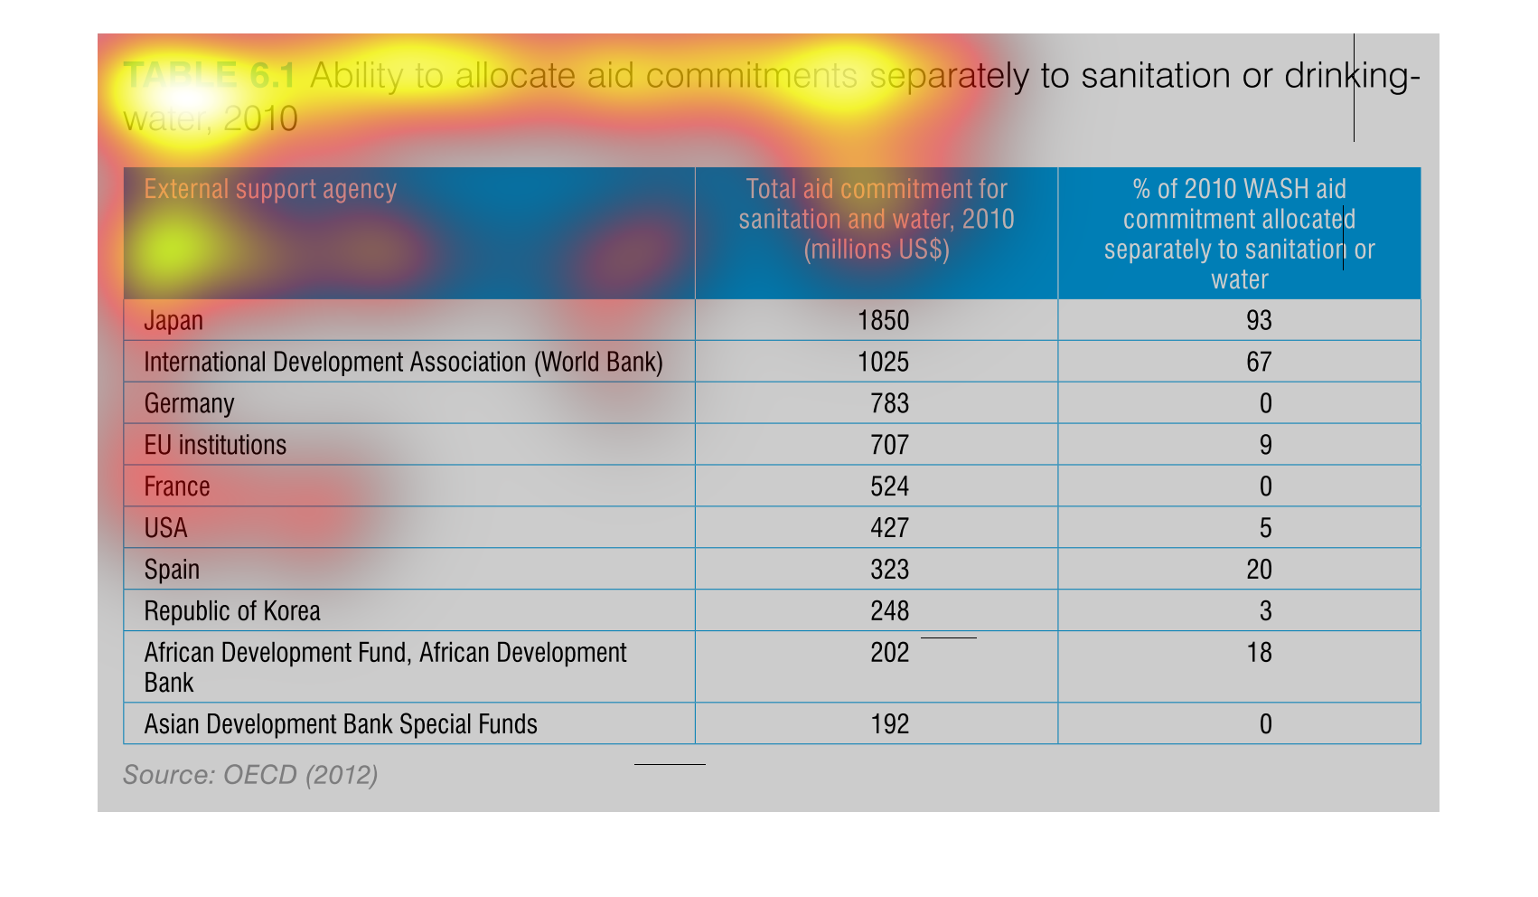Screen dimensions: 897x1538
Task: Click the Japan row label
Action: click(x=173, y=321)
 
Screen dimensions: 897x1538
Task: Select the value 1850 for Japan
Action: click(x=883, y=321)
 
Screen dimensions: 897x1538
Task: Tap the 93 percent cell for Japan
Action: click(x=1258, y=321)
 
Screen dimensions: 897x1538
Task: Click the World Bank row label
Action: click(x=403, y=363)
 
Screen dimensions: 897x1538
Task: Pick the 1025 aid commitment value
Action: click(x=883, y=363)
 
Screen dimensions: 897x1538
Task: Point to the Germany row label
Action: click(x=189, y=404)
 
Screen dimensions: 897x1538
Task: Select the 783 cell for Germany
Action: click(x=889, y=404)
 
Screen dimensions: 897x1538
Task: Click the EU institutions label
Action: click(x=215, y=446)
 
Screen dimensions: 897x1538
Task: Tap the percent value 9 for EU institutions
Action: click(x=1265, y=446)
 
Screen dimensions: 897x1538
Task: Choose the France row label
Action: click(x=177, y=487)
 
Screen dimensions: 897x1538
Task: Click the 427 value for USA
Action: click(x=889, y=529)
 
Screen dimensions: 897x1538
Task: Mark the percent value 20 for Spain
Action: click(x=1258, y=571)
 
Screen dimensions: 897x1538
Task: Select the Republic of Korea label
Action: click(x=232, y=612)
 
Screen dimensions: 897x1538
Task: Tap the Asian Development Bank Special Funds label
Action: click(x=341, y=725)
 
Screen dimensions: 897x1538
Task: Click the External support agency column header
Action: click(x=270, y=190)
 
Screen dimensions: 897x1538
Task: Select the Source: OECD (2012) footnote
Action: click(x=250, y=776)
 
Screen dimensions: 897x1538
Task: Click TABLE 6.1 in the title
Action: click(x=209, y=76)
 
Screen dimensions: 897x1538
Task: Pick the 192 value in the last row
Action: click(x=889, y=725)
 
